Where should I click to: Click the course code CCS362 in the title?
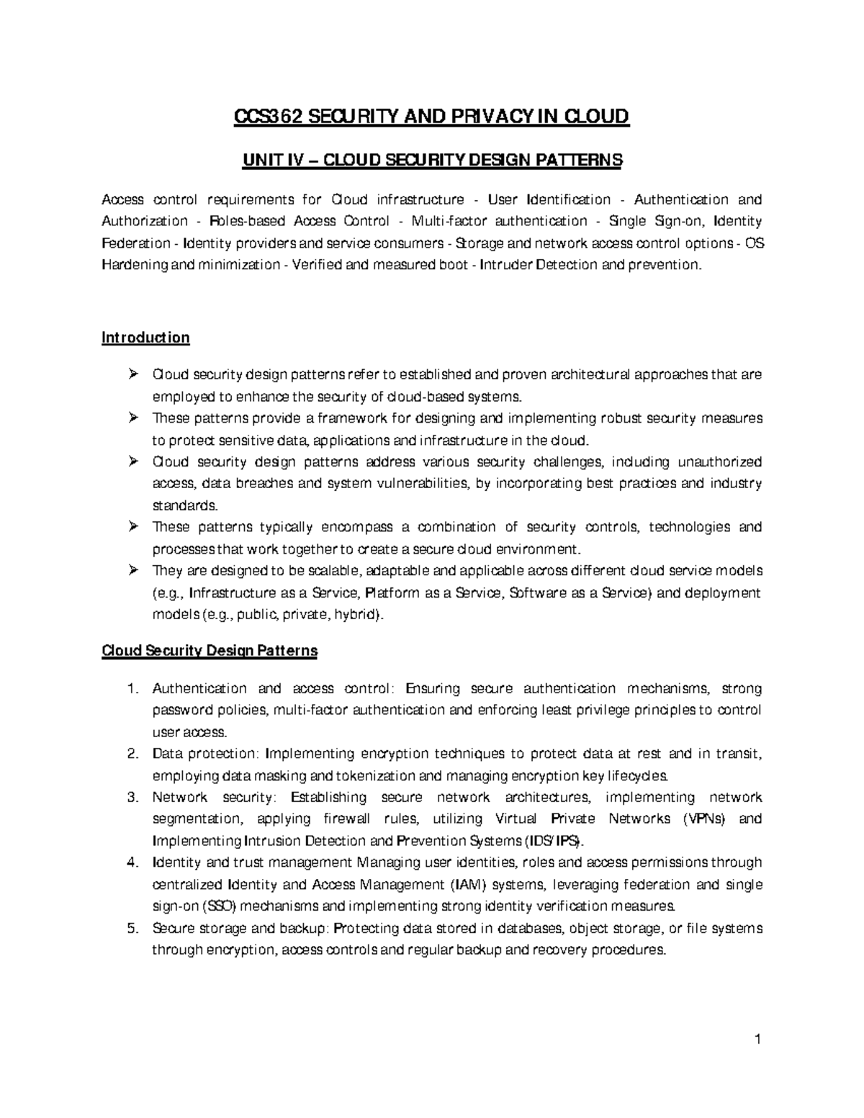tap(263, 116)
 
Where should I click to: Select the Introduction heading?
tap(145, 338)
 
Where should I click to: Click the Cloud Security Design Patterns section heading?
tap(210, 651)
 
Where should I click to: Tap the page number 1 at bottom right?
tap(758, 1039)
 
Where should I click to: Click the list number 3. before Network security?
tap(132, 797)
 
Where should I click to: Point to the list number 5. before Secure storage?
tap(132, 928)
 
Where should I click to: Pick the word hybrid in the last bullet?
tap(359, 615)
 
